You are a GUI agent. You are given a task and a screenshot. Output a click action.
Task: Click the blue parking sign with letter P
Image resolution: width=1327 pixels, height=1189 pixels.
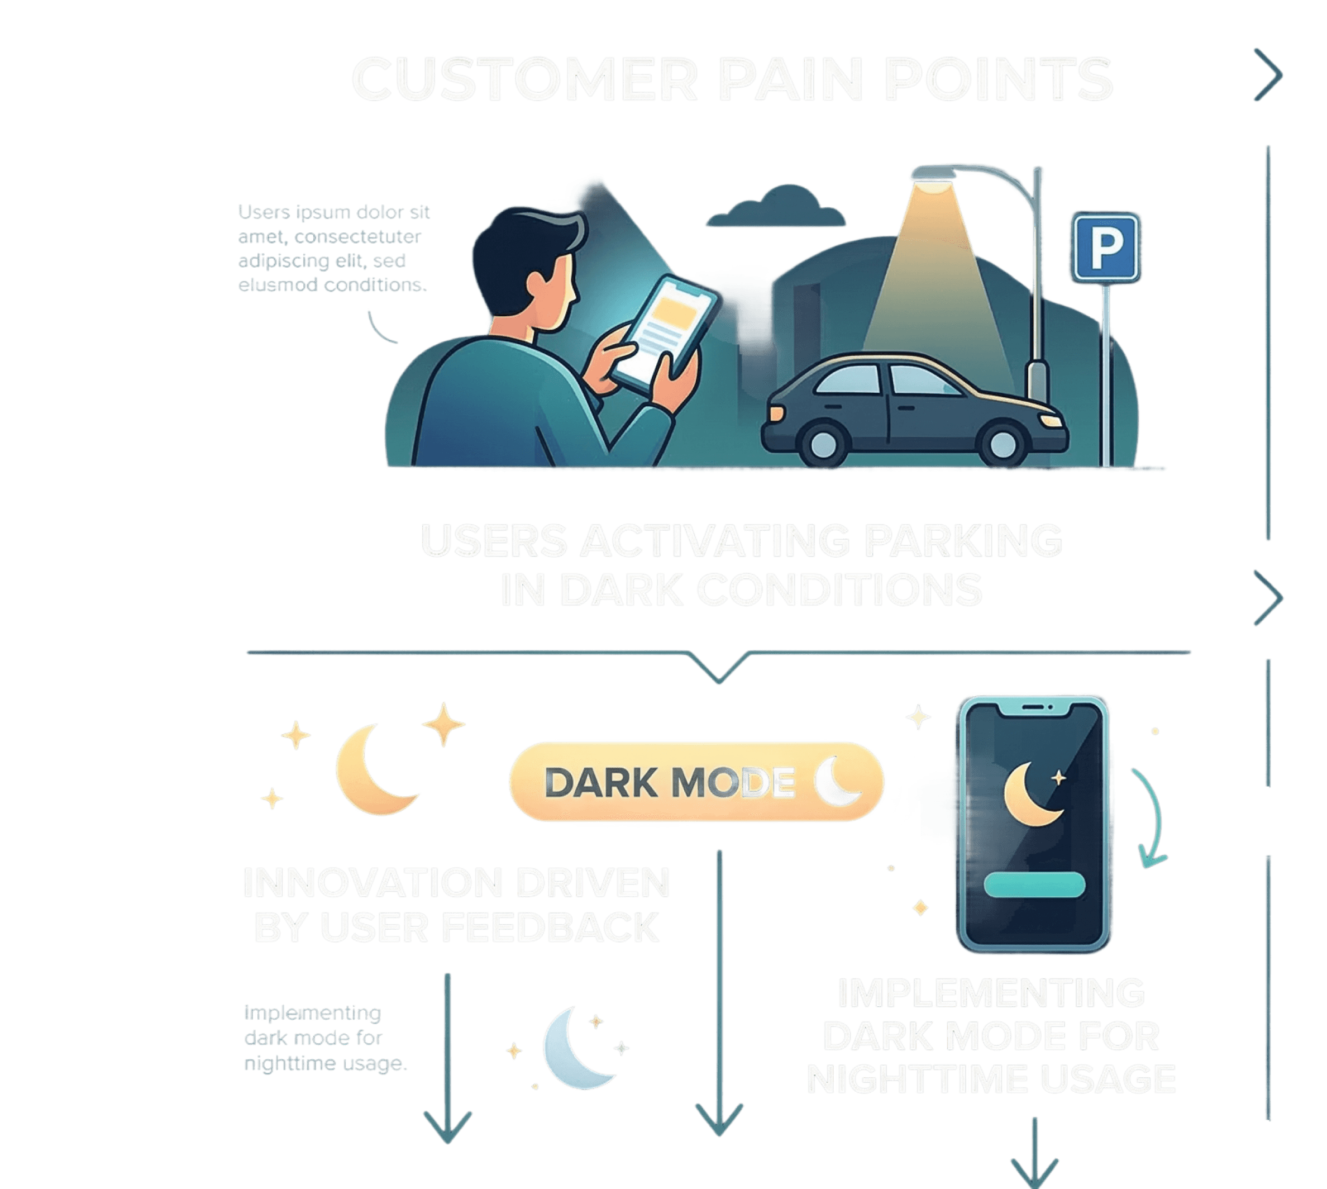click(x=1105, y=248)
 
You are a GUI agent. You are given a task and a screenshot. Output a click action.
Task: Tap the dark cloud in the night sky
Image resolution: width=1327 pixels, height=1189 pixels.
click(x=775, y=208)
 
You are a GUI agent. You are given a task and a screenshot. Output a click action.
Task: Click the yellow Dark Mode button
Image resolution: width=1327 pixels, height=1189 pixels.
click(x=696, y=781)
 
